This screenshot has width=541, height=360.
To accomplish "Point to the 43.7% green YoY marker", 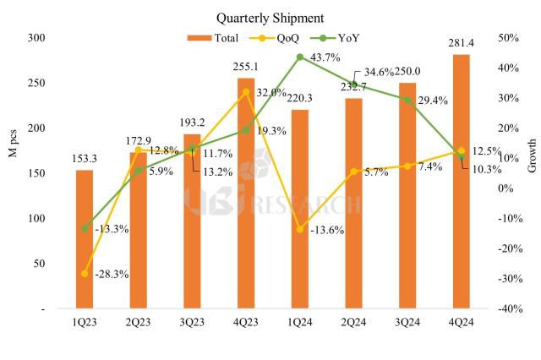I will tap(300, 57).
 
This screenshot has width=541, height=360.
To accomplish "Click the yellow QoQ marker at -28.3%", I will tap(85, 273).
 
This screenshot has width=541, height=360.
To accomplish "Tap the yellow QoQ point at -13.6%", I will tap(300, 229).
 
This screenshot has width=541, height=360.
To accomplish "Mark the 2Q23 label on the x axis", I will tap(139, 322).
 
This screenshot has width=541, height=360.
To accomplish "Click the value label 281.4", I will tap(461, 44).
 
